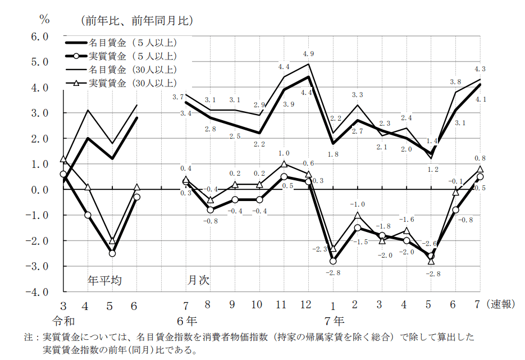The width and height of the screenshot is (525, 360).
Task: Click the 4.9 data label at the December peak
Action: (308, 54)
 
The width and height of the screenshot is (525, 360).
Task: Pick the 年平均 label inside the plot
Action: (104, 280)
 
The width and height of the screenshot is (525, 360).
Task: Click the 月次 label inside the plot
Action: (198, 280)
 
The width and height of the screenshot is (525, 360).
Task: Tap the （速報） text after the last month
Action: (500, 305)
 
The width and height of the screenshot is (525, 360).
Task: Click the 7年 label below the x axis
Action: (335, 322)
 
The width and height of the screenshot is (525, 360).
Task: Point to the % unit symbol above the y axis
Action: (44, 19)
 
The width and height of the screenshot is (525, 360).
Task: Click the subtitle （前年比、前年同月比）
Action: (138, 21)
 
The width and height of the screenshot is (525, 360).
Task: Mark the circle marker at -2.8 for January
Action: (333, 261)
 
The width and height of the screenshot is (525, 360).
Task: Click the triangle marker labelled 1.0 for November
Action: (284, 164)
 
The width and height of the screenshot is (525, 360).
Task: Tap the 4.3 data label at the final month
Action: (480, 69)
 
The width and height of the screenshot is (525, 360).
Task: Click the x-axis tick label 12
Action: (306, 305)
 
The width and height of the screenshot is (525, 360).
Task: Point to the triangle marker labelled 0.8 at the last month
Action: (480, 169)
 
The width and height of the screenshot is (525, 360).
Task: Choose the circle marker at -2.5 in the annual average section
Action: (112, 253)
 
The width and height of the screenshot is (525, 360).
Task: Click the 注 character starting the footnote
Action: (28, 338)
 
